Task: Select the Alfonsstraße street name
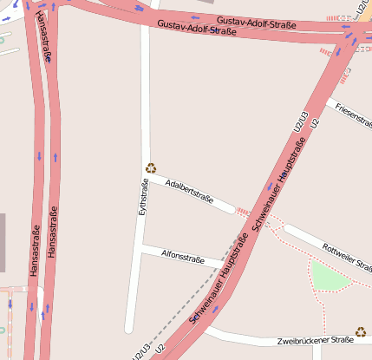[x=182, y=257]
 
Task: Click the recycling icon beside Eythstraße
[x=151, y=168]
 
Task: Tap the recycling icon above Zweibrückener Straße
[x=361, y=331]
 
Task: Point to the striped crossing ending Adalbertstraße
[x=244, y=212]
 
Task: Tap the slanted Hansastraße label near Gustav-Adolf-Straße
[x=44, y=36]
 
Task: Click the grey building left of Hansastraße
[x=3, y=243]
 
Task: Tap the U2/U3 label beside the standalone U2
[x=301, y=123]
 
